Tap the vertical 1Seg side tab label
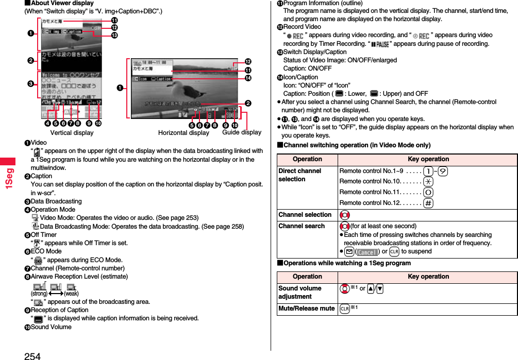(x=10, y=178)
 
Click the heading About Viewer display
(x=59, y=3)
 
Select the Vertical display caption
(x=72, y=133)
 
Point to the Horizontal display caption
(x=183, y=133)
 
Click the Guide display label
(x=242, y=132)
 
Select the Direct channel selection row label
(x=299, y=175)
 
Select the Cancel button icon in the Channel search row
(x=367, y=252)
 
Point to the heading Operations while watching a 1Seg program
(x=347, y=263)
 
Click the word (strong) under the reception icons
(x=39, y=293)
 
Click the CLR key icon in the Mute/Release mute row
(x=344, y=309)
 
